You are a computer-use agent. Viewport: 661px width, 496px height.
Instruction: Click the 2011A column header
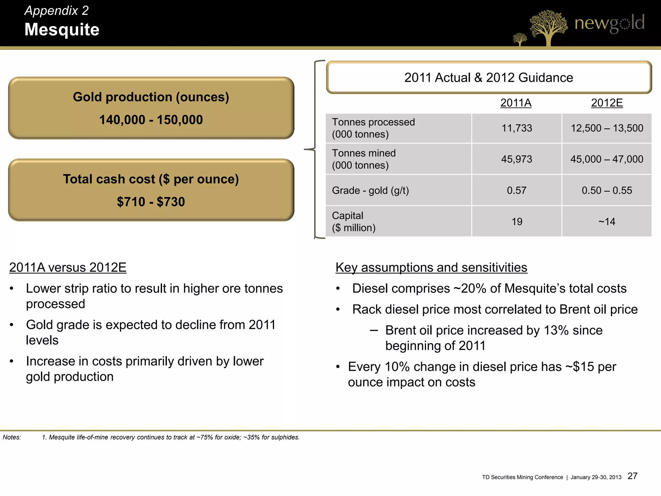516,103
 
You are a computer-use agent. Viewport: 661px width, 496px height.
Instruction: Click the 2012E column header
607,103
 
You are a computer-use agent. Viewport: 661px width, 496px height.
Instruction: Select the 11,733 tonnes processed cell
517,128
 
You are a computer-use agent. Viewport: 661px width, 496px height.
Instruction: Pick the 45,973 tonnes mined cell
517,159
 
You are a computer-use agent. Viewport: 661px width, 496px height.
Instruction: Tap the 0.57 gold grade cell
517,190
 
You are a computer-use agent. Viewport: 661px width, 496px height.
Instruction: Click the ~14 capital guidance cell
607,222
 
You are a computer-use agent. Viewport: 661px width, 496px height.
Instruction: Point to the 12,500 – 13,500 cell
607,128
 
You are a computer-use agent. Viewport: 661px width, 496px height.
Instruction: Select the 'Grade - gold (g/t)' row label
371,190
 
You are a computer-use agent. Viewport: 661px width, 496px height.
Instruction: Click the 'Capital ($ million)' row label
354,222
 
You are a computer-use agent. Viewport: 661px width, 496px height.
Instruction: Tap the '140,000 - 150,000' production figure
151,120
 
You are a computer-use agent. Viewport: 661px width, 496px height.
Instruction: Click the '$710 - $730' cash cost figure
151,202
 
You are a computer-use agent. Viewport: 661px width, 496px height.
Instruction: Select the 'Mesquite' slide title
62,30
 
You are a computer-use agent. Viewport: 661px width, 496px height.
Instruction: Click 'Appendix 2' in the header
56,11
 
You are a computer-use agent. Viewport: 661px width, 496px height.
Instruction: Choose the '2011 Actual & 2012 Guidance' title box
489,77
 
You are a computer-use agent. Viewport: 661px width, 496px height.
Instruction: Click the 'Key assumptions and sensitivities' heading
431,267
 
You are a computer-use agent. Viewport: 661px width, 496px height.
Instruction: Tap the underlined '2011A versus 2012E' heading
68,267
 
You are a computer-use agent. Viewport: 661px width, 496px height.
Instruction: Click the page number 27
633,476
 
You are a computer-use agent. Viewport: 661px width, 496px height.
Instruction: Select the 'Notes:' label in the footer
12,437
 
